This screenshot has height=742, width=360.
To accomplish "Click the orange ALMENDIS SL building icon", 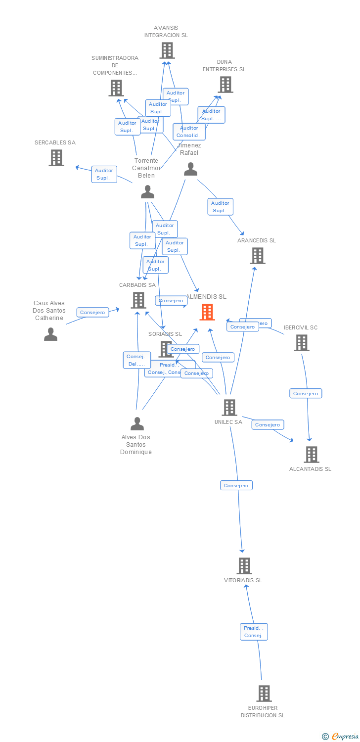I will coord(207,312).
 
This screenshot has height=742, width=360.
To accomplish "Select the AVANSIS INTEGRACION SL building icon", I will coord(167,50).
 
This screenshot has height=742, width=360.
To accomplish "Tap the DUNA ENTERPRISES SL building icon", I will coord(225,85).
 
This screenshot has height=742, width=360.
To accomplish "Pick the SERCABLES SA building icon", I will coord(56,158).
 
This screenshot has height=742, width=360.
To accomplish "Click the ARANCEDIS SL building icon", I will coord(258,256).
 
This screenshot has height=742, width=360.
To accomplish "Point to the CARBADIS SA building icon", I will coord(138,300).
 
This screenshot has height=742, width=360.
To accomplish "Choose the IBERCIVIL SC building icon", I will coord(301,343).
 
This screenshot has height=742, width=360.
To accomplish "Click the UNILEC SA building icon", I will coord(229,408).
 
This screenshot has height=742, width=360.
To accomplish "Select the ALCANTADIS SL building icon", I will coord(311,454).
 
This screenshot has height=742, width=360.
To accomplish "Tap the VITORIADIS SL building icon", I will coord(244,565).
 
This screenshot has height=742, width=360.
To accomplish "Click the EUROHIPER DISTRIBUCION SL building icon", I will coord(264,694).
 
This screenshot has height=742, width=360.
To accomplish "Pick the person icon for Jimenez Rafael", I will coord(190,170).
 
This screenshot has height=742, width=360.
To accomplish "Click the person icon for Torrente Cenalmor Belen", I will coord(147,192).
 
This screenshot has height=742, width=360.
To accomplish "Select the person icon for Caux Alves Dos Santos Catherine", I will coord(50,335).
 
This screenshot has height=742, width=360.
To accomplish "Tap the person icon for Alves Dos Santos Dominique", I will coord(137,424).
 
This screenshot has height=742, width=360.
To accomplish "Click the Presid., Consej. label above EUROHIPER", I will coord(254,632).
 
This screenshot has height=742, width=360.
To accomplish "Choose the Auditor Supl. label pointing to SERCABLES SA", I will coord(104,174).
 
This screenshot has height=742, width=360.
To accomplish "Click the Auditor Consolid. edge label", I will coord(189,132).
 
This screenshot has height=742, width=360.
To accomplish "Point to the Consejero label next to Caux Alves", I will coord(92,312).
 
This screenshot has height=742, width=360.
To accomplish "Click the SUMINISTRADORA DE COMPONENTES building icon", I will coord(116,88).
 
